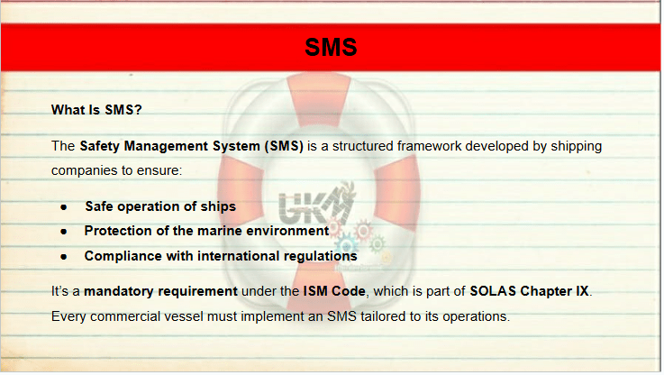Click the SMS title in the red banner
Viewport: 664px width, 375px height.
pyautogui.click(x=331, y=47)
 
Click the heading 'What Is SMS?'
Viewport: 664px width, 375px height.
pyautogui.click(x=96, y=110)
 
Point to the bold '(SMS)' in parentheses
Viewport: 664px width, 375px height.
pyautogui.click(x=284, y=147)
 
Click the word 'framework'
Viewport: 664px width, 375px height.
pyautogui.click(x=430, y=146)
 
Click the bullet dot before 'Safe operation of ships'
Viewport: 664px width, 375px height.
pyautogui.click(x=64, y=207)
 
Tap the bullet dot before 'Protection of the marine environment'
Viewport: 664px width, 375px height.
pyautogui.click(x=64, y=232)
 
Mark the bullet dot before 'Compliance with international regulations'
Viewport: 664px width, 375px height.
pyautogui.click(x=64, y=257)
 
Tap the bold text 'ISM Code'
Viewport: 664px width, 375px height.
pyautogui.click(x=334, y=291)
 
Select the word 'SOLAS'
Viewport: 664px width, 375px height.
pyautogui.click(x=493, y=291)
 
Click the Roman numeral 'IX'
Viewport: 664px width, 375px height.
pyautogui.click(x=582, y=291)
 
